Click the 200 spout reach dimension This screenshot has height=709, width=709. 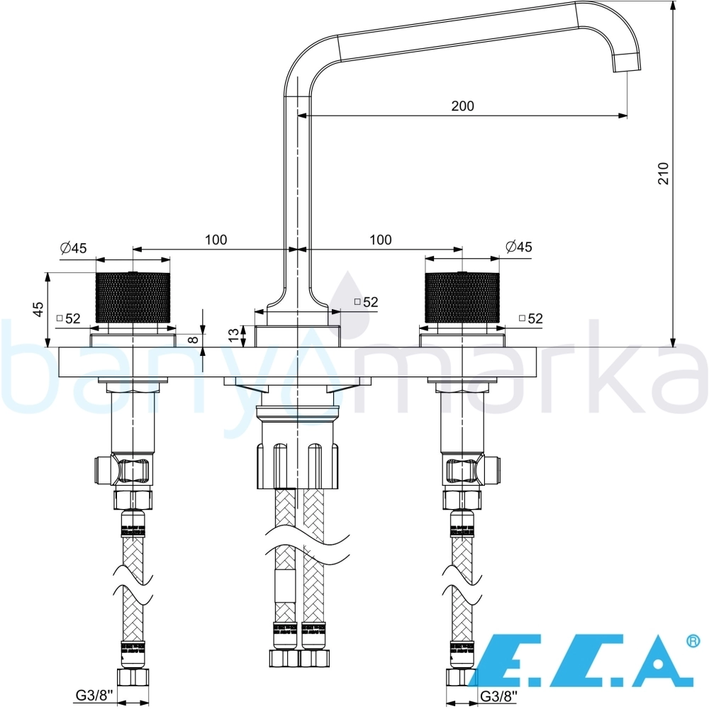tap(462, 106)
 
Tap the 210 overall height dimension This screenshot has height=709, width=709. tap(663, 173)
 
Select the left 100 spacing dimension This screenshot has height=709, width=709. tap(216, 240)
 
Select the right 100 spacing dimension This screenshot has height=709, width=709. tap(380, 240)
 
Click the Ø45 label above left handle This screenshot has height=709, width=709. tap(73, 247)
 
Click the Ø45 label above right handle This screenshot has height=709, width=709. tap(519, 247)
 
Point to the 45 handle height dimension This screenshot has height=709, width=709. tap(39, 309)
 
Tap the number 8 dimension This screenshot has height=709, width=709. tap(193, 339)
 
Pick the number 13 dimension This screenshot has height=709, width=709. tap(233, 335)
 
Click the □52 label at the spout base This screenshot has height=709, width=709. tap(366, 301)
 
